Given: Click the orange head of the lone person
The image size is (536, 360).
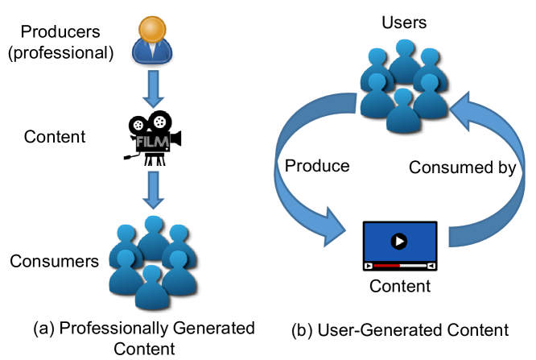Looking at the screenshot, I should click(152, 29).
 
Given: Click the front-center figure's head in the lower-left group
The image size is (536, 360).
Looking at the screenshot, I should click(151, 275).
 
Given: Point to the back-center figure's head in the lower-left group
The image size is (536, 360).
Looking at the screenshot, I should click(153, 224).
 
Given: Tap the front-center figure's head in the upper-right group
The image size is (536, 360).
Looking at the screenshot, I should click(402, 97).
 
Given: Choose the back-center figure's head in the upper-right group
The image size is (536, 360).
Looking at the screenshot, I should click(404, 48).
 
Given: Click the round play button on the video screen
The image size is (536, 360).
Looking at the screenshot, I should click(399, 241).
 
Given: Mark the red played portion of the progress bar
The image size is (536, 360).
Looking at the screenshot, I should click(386, 265).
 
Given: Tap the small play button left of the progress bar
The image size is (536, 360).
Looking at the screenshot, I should click(369, 265).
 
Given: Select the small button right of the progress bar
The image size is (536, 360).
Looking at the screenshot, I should click(431, 265).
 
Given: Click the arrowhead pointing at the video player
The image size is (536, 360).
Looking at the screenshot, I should click(334, 227).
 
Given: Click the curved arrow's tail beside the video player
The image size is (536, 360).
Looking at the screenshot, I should click(459, 236).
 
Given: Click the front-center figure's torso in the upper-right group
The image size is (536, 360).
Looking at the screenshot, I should click(402, 119).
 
